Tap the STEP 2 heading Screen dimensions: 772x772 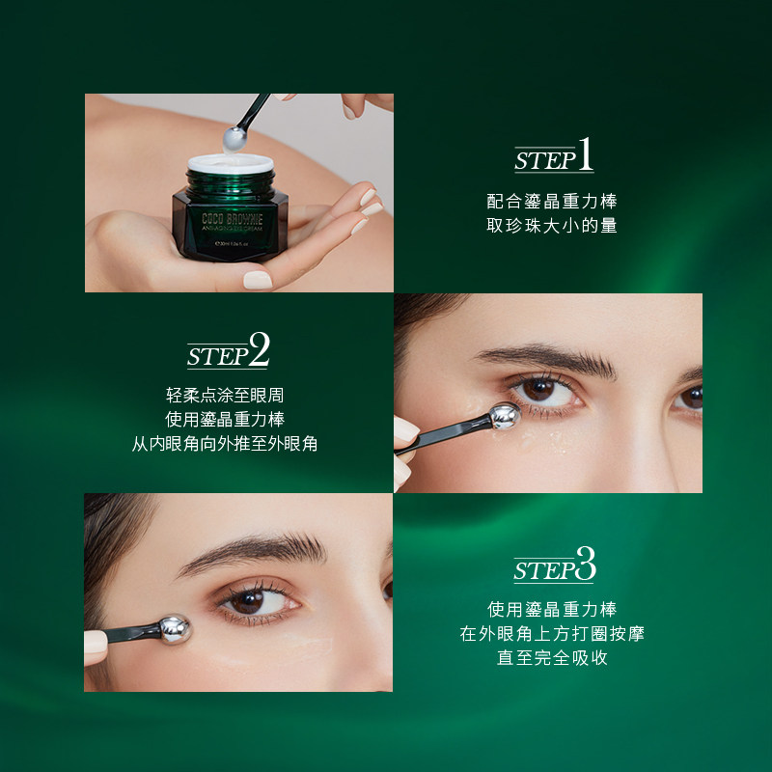[x=228, y=351]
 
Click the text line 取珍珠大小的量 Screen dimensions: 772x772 [x=552, y=226]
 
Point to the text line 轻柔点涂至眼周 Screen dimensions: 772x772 [x=225, y=396]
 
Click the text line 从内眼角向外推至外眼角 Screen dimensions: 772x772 [x=225, y=444]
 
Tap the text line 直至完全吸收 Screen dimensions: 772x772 [x=552, y=658]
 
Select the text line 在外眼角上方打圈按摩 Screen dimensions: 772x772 [x=552, y=634]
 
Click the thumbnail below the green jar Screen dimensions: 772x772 [x=258, y=280]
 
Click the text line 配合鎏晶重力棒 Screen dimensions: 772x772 [x=552, y=202]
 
